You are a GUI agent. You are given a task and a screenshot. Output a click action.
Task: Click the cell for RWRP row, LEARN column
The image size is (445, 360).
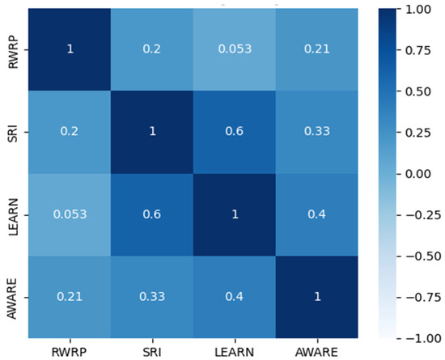click(x=235, y=49)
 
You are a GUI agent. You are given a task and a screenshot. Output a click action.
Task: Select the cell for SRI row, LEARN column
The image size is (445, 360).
click(x=235, y=132)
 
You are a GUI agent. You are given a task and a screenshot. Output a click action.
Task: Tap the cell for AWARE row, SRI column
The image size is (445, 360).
click(x=152, y=297)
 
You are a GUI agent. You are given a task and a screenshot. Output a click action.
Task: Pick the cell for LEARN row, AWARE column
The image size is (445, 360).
click(x=316, y=214)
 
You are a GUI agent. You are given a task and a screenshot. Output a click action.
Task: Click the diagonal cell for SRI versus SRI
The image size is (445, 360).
click(x=152, y=132)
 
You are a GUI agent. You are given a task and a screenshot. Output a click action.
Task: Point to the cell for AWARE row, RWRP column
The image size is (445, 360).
click(x=70, y=297)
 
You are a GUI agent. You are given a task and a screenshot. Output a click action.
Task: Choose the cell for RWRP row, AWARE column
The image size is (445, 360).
click(x=316, y=49)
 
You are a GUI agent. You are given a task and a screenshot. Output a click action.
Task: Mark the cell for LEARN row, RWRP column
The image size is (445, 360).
click(x=70, y=214)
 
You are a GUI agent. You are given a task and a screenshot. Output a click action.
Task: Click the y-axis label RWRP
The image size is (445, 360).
click(x=13, y=53)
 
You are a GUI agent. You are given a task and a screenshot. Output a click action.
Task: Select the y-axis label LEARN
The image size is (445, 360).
click(x=13, y=217)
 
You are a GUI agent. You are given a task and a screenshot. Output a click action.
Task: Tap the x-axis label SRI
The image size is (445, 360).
click(x=152, y=352)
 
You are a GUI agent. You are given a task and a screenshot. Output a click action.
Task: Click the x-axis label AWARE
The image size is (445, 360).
click(x=316, y=352)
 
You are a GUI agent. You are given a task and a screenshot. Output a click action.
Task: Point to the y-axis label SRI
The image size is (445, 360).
click(x=13, y=133)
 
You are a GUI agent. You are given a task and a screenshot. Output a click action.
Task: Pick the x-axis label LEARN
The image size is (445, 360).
click(x=235, y=352)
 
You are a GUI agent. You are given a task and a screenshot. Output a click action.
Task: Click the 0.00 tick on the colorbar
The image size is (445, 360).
click(x=418, y=174)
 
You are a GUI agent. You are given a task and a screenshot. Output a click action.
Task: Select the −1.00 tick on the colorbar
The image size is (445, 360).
click(x=423, y=338)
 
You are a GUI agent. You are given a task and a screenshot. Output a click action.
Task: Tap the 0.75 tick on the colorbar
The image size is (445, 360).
click(x=418, y=50)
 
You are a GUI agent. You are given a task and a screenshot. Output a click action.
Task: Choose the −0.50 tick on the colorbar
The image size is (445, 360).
click(x=423, y=256)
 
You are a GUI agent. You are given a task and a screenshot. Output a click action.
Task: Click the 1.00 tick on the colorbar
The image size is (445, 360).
click(x=418, y=9)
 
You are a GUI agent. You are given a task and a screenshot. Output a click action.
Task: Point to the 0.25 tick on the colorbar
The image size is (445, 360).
click(x=418, y=133)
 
